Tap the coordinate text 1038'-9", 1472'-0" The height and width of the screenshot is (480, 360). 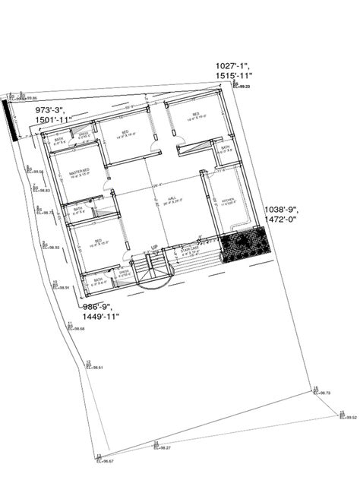tap(282, 213)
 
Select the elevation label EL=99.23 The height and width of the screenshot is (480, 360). tap(243, 88)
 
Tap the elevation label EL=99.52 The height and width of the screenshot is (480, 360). tap(349, 417)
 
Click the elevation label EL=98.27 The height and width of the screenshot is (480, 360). tap(163, 447)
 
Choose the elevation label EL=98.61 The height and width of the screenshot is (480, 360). tap(95, 368)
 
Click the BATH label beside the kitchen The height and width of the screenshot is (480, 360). tap(226, 147)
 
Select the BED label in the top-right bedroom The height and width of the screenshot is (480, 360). tap(195, 115)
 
